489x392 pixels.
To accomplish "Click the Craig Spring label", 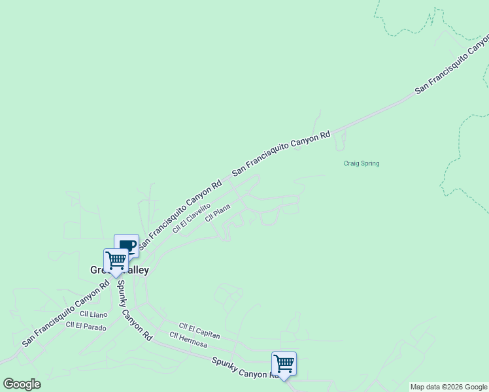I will tap(362, 163).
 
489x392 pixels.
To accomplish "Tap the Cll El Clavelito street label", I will tap(192, 218).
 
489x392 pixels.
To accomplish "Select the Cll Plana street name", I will tap(218, 214).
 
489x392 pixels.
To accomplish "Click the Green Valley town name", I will tap(120, 270).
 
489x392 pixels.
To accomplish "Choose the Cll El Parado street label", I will tap(86, 325).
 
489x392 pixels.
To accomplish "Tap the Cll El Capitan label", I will tap(199, 331).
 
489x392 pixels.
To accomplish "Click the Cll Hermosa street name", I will tap(188, 340).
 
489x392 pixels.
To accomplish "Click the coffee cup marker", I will tap(127, 246).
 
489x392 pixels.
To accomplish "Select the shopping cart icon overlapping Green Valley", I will tap(116, 260).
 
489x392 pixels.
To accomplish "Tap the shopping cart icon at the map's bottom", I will tap(284, 363).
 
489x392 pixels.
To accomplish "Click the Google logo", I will tap(22, 384).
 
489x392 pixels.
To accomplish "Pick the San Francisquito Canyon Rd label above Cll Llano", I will tap(65, 314).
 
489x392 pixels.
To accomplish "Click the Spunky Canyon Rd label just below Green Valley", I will tap(134, 310).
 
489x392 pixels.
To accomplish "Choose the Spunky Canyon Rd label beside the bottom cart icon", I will tap(241, 367).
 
